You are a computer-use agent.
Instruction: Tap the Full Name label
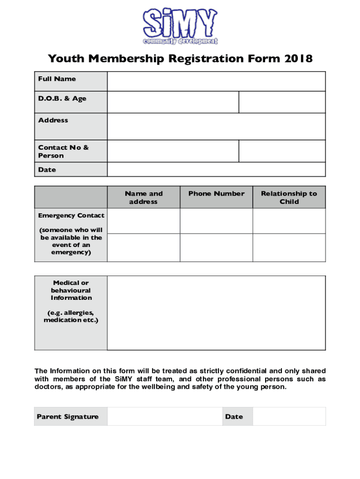(x=57, y=79)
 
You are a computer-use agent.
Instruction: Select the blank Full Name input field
(x=216, y=81)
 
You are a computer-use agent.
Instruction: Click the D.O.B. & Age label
(x=62, y=99)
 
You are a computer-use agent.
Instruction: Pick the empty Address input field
(x=216, y=126)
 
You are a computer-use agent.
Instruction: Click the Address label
(x=53, y=120)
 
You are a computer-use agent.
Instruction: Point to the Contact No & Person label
(x=63, y=152)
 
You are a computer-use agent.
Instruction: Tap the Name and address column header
(x=144, y=197)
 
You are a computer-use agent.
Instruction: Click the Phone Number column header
(x=216, y=194)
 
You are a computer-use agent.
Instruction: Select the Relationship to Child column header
(x=289, y=197)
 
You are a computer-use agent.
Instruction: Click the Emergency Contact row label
(x=71, y=216)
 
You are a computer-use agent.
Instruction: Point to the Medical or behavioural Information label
(x=71, y=290)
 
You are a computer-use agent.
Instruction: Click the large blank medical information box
(x=216, y=313)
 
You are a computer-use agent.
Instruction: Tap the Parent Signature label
(x=67, y=417)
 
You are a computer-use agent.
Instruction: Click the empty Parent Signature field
(x=164, y=416)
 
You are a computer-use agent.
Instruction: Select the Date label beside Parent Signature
(x=234, y=417)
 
